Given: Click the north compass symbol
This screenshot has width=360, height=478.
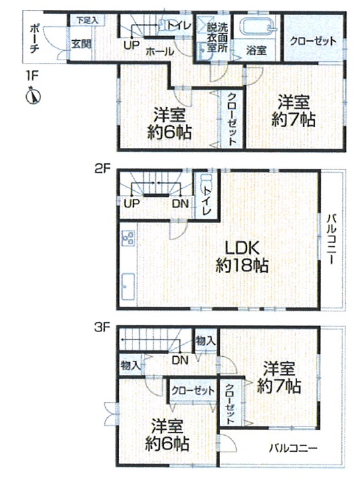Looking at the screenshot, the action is [33, 96].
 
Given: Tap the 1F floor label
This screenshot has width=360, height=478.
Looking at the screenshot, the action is [31, 76].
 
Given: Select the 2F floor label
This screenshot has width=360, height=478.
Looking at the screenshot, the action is [102, 169].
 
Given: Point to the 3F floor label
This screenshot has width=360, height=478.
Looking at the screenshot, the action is [102, 328].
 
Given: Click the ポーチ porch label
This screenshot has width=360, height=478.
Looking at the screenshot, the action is [34, 39].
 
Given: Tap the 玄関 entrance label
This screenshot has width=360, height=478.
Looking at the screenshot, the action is [82, 44].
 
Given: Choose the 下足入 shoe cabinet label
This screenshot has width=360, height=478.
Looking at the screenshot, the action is [87, 21].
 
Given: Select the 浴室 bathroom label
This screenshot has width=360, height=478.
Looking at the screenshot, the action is [256, 51].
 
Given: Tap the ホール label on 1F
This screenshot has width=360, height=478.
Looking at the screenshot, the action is [160, 52].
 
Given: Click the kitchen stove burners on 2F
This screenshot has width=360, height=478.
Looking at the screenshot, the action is [128, 238].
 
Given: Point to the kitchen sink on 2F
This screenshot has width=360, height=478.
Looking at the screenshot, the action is [128, 287].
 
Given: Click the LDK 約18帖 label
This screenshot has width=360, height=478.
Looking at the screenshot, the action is [242, 256].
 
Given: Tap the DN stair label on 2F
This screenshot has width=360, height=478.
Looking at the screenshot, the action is [181, 204].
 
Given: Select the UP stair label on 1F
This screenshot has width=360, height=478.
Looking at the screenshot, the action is [132, 46].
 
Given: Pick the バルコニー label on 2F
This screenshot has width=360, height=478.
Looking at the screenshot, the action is [332, 239].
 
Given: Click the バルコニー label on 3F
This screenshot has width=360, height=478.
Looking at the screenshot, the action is [293, 448].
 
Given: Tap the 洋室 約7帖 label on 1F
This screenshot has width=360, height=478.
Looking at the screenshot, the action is [294, 111].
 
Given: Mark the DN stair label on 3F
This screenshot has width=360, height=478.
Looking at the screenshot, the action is [180, 360].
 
